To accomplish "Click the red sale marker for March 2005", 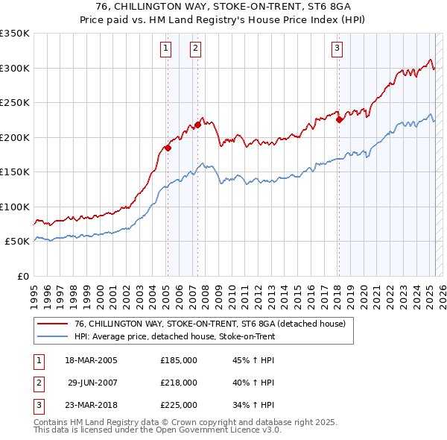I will [x=168, y=148].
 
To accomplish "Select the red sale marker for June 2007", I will [x=197, y=125].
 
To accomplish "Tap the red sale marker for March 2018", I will [x=339, y=119].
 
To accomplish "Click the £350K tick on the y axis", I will [x=14, y=34].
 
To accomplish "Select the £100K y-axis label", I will [x=14, y=207].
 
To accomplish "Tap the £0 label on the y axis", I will [x=22, y=276].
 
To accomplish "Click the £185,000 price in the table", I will [x=179, y=359].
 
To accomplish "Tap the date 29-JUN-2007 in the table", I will [x=92, y=383].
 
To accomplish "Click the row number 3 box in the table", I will [x=37, y=405].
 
